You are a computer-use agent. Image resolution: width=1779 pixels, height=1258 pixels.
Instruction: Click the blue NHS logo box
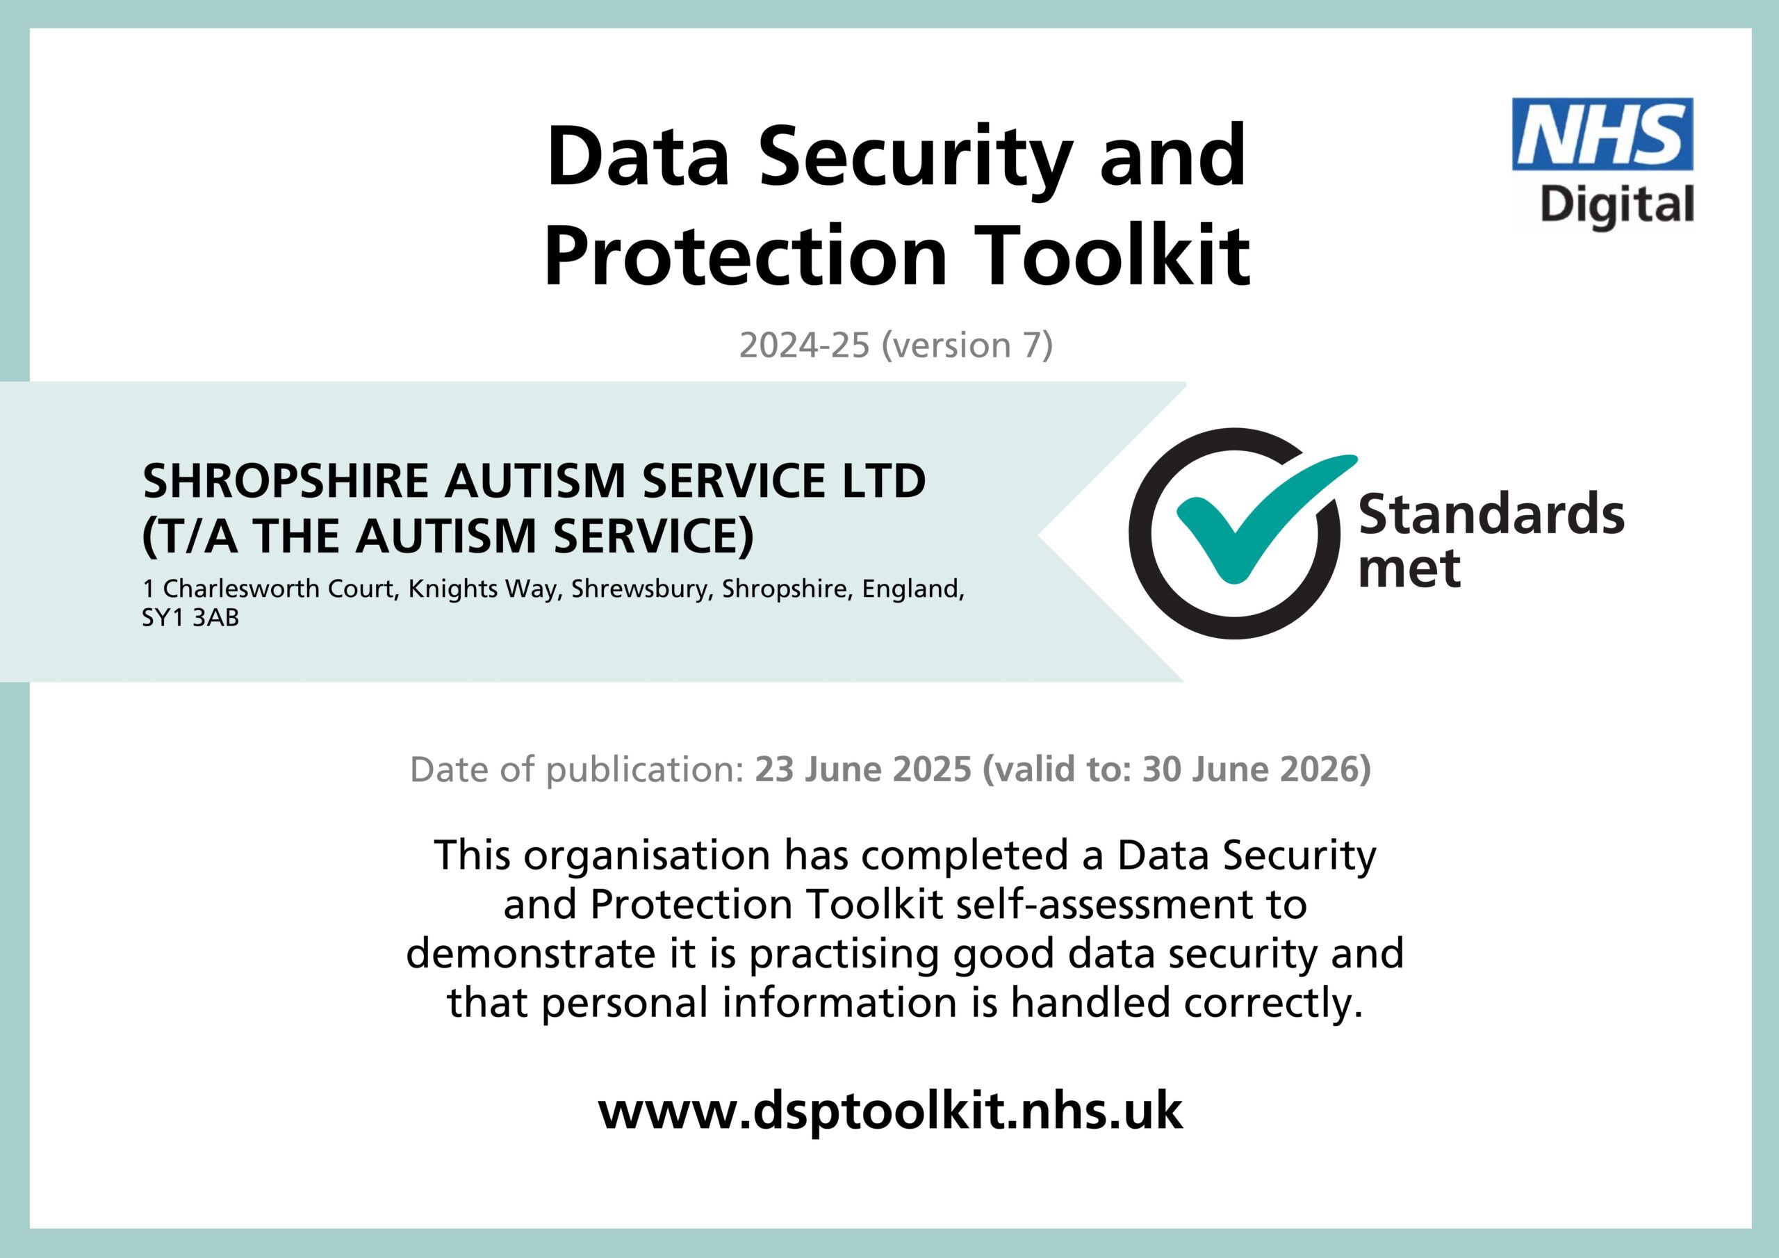(1602, 134)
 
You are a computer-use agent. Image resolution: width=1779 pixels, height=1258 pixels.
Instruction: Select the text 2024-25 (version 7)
(896, 345)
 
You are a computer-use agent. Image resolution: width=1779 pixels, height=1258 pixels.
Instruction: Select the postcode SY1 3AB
(190, 618)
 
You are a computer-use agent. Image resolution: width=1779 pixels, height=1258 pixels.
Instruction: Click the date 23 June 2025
(863, 769)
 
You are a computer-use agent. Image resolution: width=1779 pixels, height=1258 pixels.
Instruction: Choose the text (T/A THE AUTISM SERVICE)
(448, 537)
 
